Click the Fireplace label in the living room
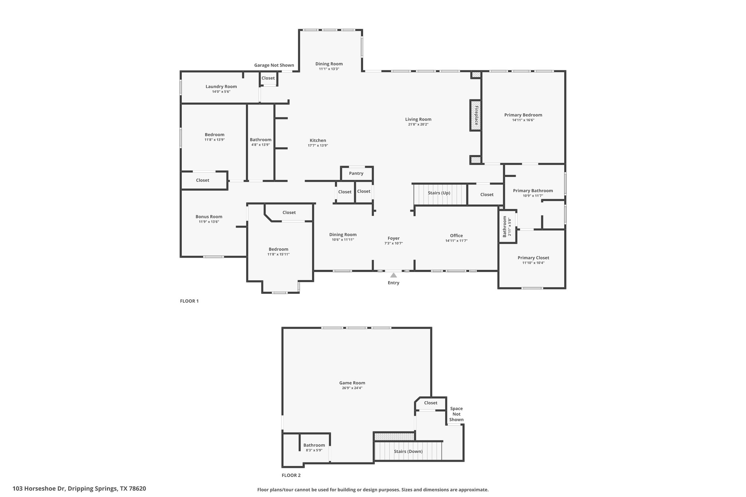pyautogui.click(x=476, y=115)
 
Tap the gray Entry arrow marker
pyautogui.click(x=393, y=275)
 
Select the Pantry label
pyautogui.click(x=356, y=173)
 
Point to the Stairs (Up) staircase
pyautogui.click(x=440, y=194)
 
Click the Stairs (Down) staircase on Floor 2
pyautogui.click(x=408, y=451)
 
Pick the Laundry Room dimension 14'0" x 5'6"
pyautogui.click(x=221, y=92)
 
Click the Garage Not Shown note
pyautogui.click(x=274, y=65)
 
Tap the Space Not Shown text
pyautogui.click(x=456, y=414)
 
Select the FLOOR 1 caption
pyautogui.click(x=189, y=301)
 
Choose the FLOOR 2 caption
pyautogui.click(x=291, y=475)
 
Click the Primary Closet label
pyautogui.click(x=533, y=258)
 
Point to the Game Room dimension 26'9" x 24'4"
pyautogui.click(x=352, y=388)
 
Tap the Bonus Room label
pyautogui.click(x=209, y=217)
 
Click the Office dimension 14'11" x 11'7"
pyautogui.click(x=456, y=241)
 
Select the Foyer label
pyautogui.click(x=393, y=238)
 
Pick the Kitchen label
pyautogui.click(x=318, y=141)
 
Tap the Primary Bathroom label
pyautogui.click(x=533, y=191)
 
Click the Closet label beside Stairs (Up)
pyautogui.click(x=487, y=194)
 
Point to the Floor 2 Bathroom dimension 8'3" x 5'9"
pyautogui.click(x=314, y=450)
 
